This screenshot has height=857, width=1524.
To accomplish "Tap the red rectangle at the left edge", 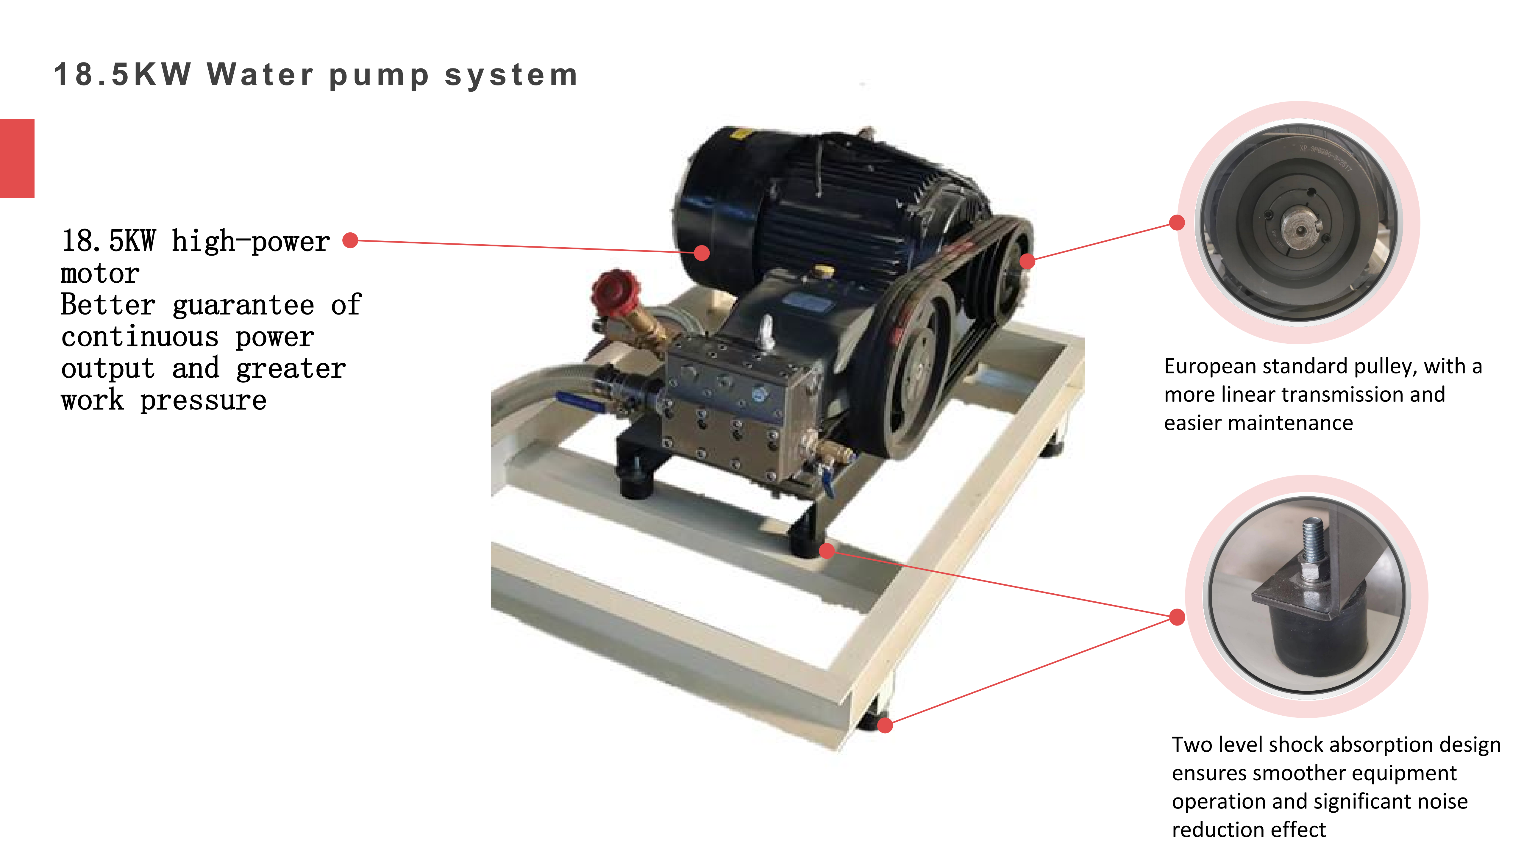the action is (17, 159).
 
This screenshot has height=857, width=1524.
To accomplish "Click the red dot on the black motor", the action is (702, 253).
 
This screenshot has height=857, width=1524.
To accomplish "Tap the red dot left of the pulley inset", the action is (1177, 222).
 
